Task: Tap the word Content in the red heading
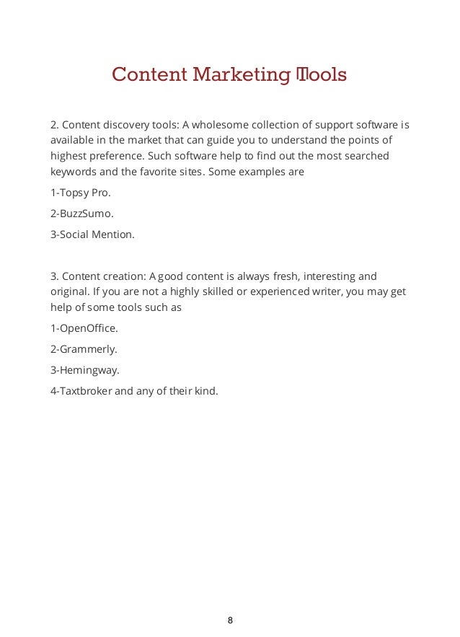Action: pos(148,75)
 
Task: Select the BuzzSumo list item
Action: pos(84,214)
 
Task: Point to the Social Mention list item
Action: pos(92,234)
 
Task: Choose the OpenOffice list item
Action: pos(84,328)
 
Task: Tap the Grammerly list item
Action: pos(84,348)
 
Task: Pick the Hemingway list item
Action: pos(85,369)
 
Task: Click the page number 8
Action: pos(230,620)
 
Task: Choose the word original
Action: pos(70,292)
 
